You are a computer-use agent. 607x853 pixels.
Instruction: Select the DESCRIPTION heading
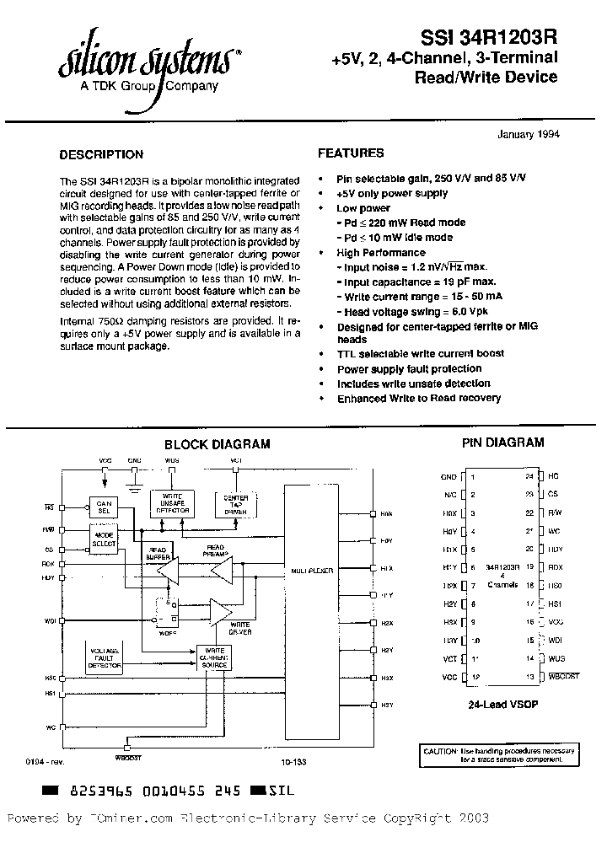tap(101, 155)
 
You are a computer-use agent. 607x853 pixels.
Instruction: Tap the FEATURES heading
tap(351, 153)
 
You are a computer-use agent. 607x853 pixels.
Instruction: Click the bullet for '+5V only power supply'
tap(321, 194)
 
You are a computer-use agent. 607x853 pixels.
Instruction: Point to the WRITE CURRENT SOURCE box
tap(215, 658)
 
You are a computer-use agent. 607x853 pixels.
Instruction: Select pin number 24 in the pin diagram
tap(529, 477)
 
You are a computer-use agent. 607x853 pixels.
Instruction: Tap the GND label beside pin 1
tap(449, 477)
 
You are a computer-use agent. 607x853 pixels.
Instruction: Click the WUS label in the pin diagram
tap(556, 658)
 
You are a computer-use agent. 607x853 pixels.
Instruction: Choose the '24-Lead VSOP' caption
tap(502, 704)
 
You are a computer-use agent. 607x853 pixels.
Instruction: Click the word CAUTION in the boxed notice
tap(440, 749)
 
